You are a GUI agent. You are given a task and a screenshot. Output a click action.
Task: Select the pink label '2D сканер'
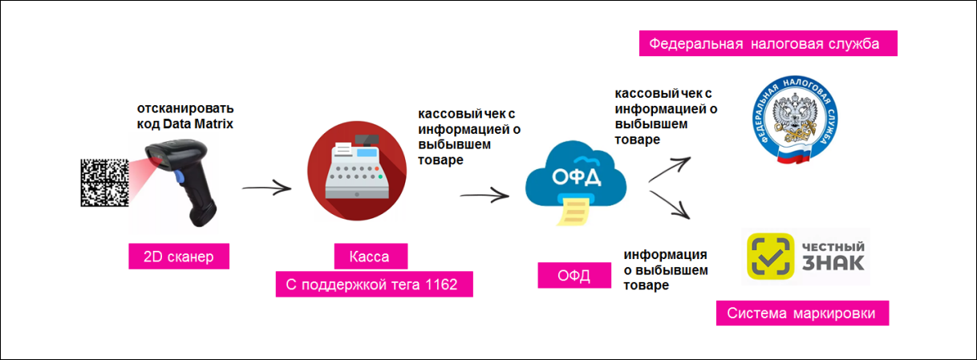(x=179, y=257)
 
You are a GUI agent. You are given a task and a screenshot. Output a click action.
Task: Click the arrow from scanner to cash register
(x=266, y=189)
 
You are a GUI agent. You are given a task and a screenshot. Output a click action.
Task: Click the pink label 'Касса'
(x=370, y=257)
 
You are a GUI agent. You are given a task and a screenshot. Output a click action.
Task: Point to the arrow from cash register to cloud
(x=484, y=193)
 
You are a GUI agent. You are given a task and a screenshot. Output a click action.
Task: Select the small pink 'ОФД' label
(x=574, y=277)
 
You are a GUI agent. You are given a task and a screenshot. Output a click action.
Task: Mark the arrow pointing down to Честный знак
(x=670, y=204)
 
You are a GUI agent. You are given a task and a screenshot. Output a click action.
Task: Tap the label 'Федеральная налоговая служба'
(x=767, y=43)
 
